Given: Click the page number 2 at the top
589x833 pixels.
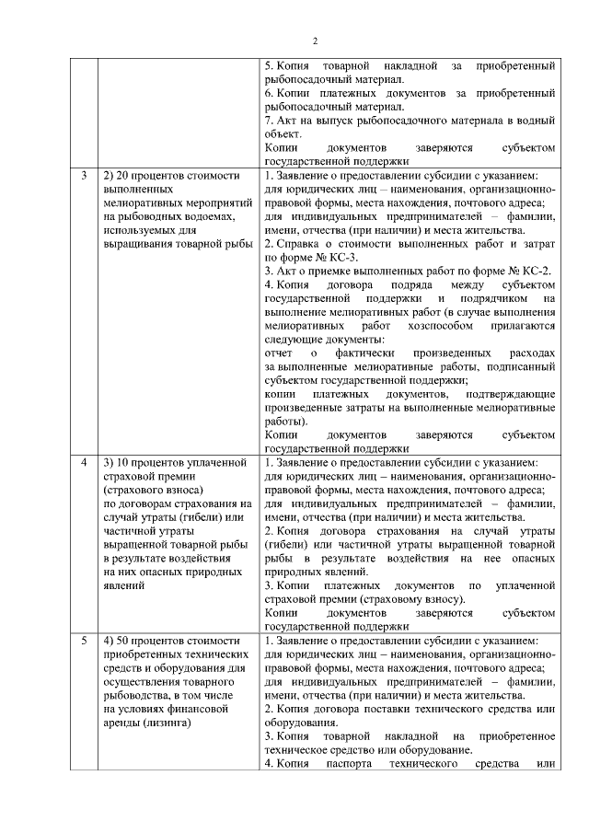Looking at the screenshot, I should click(314, 40).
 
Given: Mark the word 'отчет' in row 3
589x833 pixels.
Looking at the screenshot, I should click(278, 353).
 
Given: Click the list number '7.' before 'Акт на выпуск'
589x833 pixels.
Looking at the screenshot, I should click(269, 121).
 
